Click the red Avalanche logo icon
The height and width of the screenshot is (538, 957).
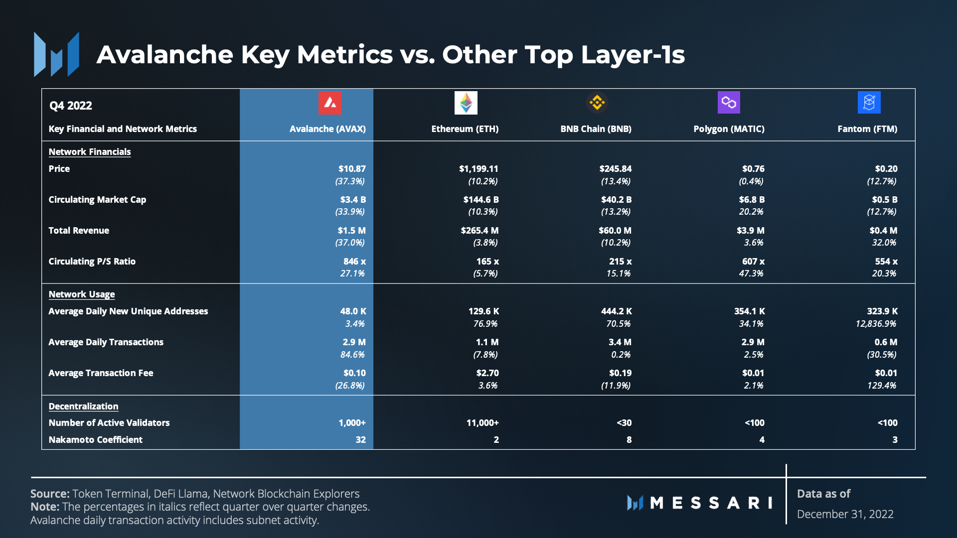click(330, 103)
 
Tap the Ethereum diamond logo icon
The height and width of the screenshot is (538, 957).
click(466, 103)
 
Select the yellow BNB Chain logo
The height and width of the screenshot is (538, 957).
click(597, 103)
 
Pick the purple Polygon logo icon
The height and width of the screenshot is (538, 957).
click(729, 103)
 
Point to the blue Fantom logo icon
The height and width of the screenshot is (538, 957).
click(869, 103)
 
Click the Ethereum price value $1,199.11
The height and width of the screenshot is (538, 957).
click(478, 169)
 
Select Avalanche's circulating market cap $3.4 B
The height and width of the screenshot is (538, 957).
click(353, 200)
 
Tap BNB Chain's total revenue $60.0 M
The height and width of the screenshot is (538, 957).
click(615, 231)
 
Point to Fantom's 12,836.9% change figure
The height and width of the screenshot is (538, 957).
click(876, 324)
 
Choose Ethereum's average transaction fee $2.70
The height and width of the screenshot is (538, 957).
click(487, 373)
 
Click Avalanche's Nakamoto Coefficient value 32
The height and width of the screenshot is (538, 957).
click(360, 440)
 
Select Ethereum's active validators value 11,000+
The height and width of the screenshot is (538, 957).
click(482, 423)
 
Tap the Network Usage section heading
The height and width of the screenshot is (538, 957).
click(82, 294)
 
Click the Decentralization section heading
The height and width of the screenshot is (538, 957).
click(83, 406)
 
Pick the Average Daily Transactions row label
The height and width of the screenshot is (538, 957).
click(106, 342)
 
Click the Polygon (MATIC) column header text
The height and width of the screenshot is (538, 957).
click(729, 129)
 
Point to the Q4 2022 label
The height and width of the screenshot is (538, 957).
click(70, 106)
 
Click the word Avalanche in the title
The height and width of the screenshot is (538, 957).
click(165, 55)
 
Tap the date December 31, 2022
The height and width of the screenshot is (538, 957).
click(845, 514)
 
